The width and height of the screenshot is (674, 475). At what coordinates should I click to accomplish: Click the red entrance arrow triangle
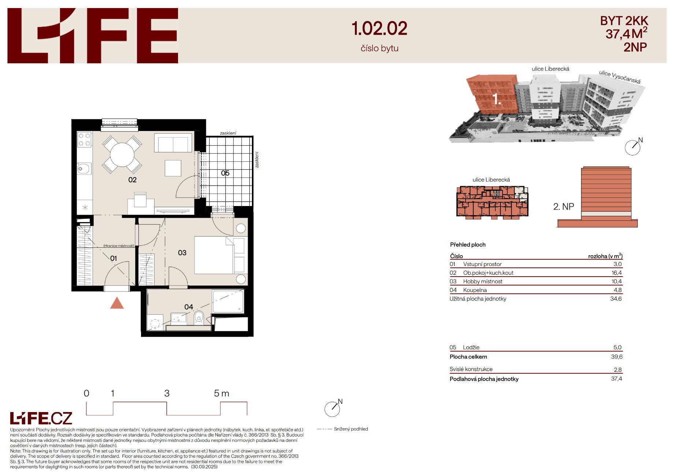coord(117,303)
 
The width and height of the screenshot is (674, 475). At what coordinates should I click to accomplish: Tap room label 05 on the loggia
coord(225,173)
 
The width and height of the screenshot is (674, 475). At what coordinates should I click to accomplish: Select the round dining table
coord(122,154)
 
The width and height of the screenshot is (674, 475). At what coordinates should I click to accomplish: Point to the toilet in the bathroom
coord(199,317)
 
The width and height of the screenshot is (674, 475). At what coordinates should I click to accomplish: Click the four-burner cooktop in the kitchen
coord(84,139)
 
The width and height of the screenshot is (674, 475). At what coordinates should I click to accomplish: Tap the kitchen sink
coord(84,169)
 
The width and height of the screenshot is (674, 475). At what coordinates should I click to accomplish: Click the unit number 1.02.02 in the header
coord(379,28)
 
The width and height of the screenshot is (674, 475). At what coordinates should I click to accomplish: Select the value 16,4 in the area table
coord(616,273)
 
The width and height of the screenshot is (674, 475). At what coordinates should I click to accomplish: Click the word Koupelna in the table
coord(475,290)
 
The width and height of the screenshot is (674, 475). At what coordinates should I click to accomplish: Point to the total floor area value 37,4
coord(616,379)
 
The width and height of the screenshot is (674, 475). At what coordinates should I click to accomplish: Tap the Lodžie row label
coord(471,347)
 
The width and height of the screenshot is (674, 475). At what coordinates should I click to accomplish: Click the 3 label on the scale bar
coord(167,393)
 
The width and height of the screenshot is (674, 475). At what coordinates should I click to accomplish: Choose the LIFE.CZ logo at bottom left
coord(41,418)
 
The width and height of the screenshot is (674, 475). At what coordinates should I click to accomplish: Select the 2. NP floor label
coord(563,207)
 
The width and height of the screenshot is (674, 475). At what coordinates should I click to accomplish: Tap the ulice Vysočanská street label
coord(620,77)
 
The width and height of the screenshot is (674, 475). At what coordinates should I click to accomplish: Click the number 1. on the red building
coord(497,99)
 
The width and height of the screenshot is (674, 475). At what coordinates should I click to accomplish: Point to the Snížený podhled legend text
coord(351,429)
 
